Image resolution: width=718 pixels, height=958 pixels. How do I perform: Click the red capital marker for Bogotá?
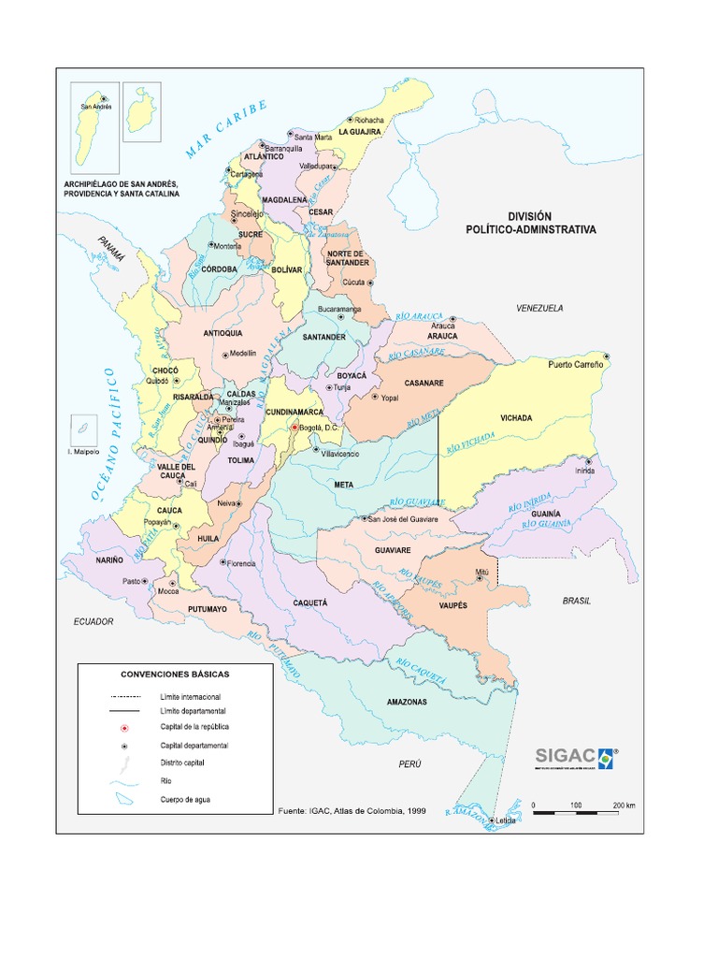tap(294, 427)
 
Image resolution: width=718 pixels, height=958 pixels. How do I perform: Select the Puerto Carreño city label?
tap(575, 364)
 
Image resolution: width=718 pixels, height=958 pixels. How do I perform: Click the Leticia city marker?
tap(493, 820)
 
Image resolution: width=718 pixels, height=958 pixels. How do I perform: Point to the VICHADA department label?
tap(516, 418)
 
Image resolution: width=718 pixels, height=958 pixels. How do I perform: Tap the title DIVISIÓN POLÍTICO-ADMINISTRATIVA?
tap(531, 222)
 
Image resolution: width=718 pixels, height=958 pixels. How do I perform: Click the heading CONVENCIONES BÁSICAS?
tap(175, 674)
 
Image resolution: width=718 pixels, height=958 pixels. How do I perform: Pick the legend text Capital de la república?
tap(194, 727)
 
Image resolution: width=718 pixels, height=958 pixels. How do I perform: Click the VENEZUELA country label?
tap(539, 308)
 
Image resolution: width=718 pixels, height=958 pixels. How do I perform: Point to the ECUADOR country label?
tap(95, 621)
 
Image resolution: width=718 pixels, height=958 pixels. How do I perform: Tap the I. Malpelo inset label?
tap(83, 453)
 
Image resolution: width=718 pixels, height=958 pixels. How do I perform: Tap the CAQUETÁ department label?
tap(312, 605)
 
